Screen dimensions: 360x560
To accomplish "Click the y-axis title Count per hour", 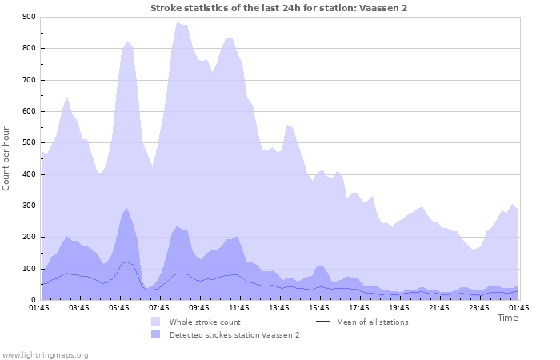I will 8,158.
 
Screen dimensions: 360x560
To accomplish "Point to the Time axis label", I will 507,318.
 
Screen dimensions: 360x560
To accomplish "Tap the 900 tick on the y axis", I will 29,17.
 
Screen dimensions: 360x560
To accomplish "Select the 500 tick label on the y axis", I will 29,143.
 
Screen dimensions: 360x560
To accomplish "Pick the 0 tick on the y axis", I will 34,300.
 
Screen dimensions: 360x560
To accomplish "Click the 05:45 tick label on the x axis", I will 120,308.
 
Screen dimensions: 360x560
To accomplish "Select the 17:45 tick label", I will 359,308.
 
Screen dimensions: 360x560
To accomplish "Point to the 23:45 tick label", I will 479,308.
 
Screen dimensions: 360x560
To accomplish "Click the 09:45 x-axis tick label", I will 199,308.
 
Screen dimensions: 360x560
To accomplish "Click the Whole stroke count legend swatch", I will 155,322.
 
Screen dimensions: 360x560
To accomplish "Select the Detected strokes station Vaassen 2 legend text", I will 234,334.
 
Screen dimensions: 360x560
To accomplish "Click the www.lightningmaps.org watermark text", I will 46,354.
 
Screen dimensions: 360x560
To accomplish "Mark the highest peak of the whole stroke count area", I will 178,22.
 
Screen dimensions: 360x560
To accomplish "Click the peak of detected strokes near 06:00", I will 126,208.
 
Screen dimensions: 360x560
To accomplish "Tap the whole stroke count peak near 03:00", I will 67,97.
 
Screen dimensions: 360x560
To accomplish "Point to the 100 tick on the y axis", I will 29,269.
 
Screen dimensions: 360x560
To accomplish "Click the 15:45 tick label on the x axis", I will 319,308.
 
